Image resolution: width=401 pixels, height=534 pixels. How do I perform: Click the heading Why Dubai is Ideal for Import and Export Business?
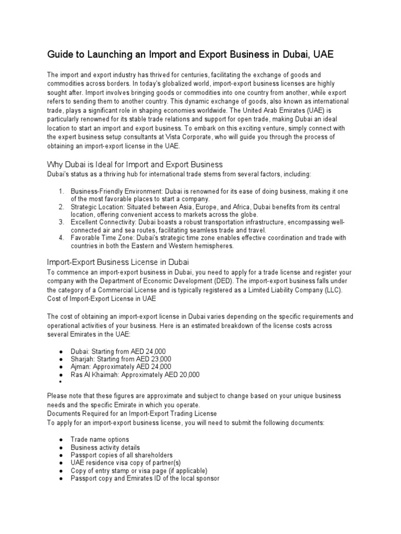tap(135, 164)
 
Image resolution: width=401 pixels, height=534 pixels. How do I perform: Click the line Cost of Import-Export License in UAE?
tap(101, 298)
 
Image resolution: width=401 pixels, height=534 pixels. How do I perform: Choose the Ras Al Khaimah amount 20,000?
tap(188, 374)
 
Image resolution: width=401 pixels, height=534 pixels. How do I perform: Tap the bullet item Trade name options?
tap(100, 440)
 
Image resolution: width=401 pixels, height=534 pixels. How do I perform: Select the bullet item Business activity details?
tap(105, 447)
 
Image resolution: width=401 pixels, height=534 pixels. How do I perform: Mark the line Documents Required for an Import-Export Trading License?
tap(132, 414)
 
